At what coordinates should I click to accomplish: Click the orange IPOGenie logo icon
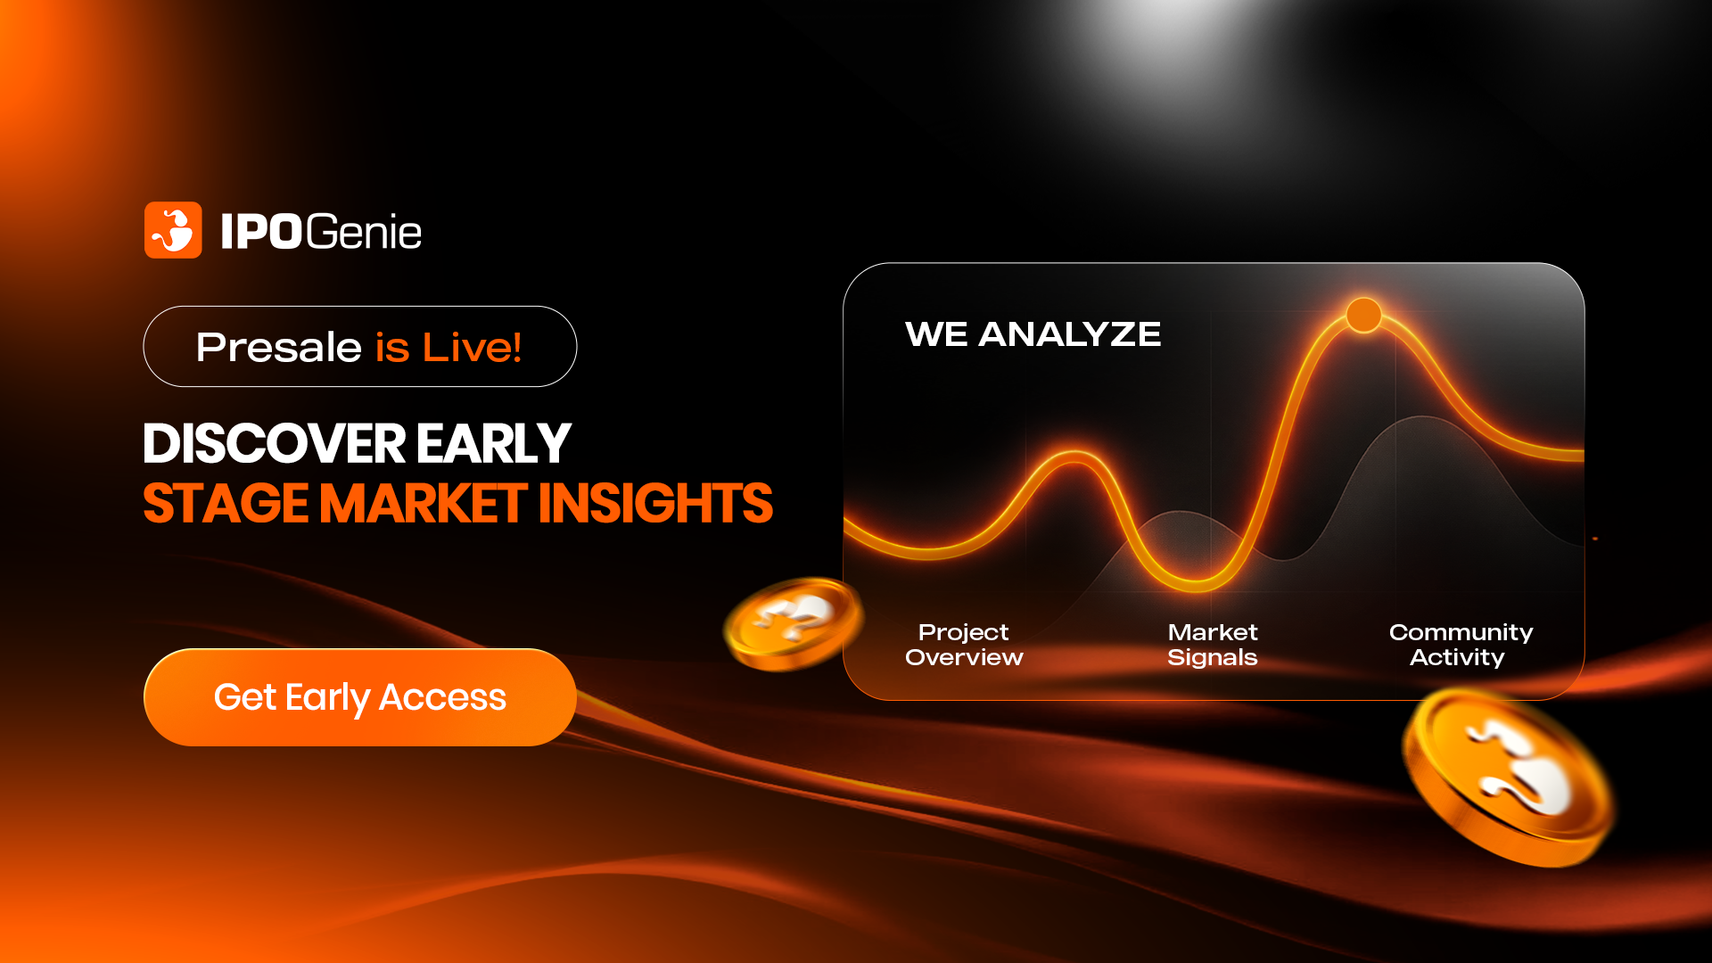173,230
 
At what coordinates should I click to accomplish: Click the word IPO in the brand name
262,232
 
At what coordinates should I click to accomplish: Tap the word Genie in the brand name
364,232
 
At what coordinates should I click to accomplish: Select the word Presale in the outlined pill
278,347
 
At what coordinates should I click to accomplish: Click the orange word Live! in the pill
473,347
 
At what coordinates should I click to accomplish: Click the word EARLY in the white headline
493,443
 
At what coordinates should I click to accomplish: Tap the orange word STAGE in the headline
226,503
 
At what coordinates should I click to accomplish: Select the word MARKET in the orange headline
424,503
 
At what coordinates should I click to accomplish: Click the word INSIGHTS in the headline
655,503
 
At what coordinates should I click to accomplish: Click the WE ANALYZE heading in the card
1033,334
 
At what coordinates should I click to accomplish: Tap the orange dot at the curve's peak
1363,315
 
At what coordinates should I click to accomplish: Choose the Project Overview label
964,645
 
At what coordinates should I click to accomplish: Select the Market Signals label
1213,645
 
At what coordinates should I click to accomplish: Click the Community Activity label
1461,645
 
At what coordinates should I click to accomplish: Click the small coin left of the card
793,623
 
